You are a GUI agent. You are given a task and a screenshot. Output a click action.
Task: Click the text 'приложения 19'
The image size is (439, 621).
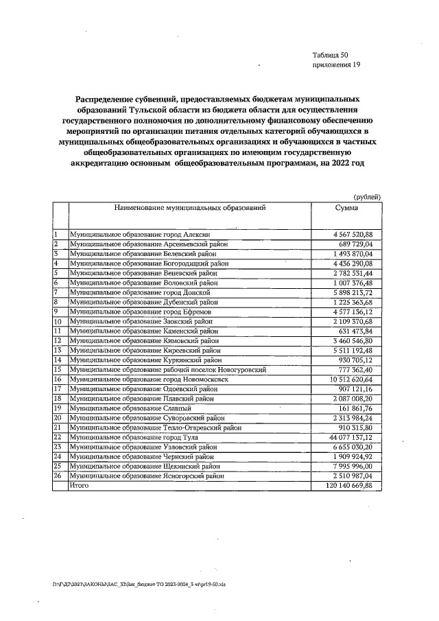pyautogui.click(x=335, y=65)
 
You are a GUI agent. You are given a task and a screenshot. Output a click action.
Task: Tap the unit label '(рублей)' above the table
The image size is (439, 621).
pyautogui.click(x=367, y=197)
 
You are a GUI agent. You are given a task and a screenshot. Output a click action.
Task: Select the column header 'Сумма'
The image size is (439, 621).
pyautogui.click(x=346, y=207)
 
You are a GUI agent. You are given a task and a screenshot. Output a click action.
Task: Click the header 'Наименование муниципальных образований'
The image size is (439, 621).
pyautogui.click(x=189, y=207)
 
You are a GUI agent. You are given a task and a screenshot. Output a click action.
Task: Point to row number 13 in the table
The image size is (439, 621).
pyautogui.click(x=58, y=350)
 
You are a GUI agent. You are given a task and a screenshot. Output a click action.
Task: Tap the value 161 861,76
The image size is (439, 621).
pyautogui.click(x=353, y=408)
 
